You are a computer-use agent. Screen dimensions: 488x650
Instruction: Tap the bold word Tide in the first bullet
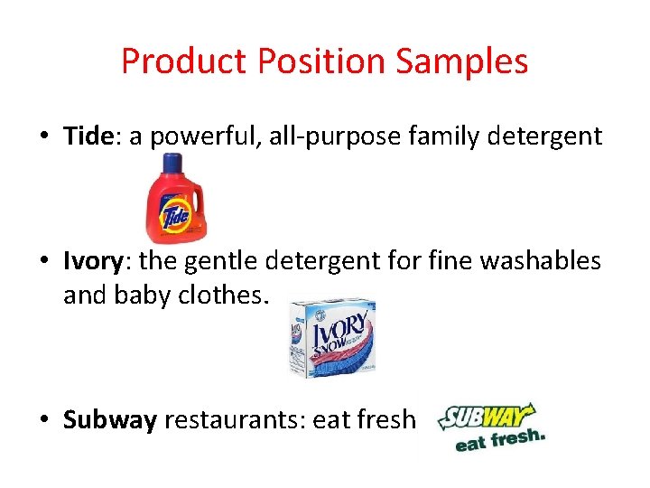point(87,136)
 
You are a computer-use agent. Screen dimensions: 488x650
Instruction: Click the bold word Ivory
point(92,261)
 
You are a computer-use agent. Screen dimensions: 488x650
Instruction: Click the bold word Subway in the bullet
point(110,420)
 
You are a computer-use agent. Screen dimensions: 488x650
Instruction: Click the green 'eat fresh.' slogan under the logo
point(500,440)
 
